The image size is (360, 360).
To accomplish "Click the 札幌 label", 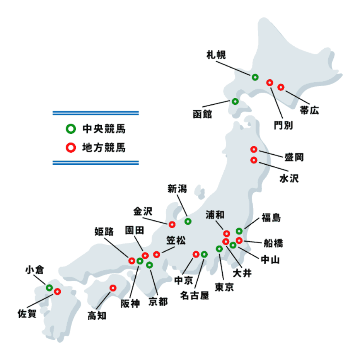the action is (x=216, y=55).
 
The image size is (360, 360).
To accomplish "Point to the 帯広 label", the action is (x=310, y=110).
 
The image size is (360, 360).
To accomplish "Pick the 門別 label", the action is (x=283, y=125).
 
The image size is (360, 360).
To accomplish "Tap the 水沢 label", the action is (x=289, y=178).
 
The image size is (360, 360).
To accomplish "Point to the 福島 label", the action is (x=271, y=218).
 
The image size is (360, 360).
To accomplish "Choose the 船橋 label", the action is (x=273, y=243).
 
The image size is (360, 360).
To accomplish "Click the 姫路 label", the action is (x=104, y=232).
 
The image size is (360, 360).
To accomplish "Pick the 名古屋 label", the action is (x=194, y=296).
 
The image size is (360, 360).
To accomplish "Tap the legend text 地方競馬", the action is (x=104, y=147).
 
